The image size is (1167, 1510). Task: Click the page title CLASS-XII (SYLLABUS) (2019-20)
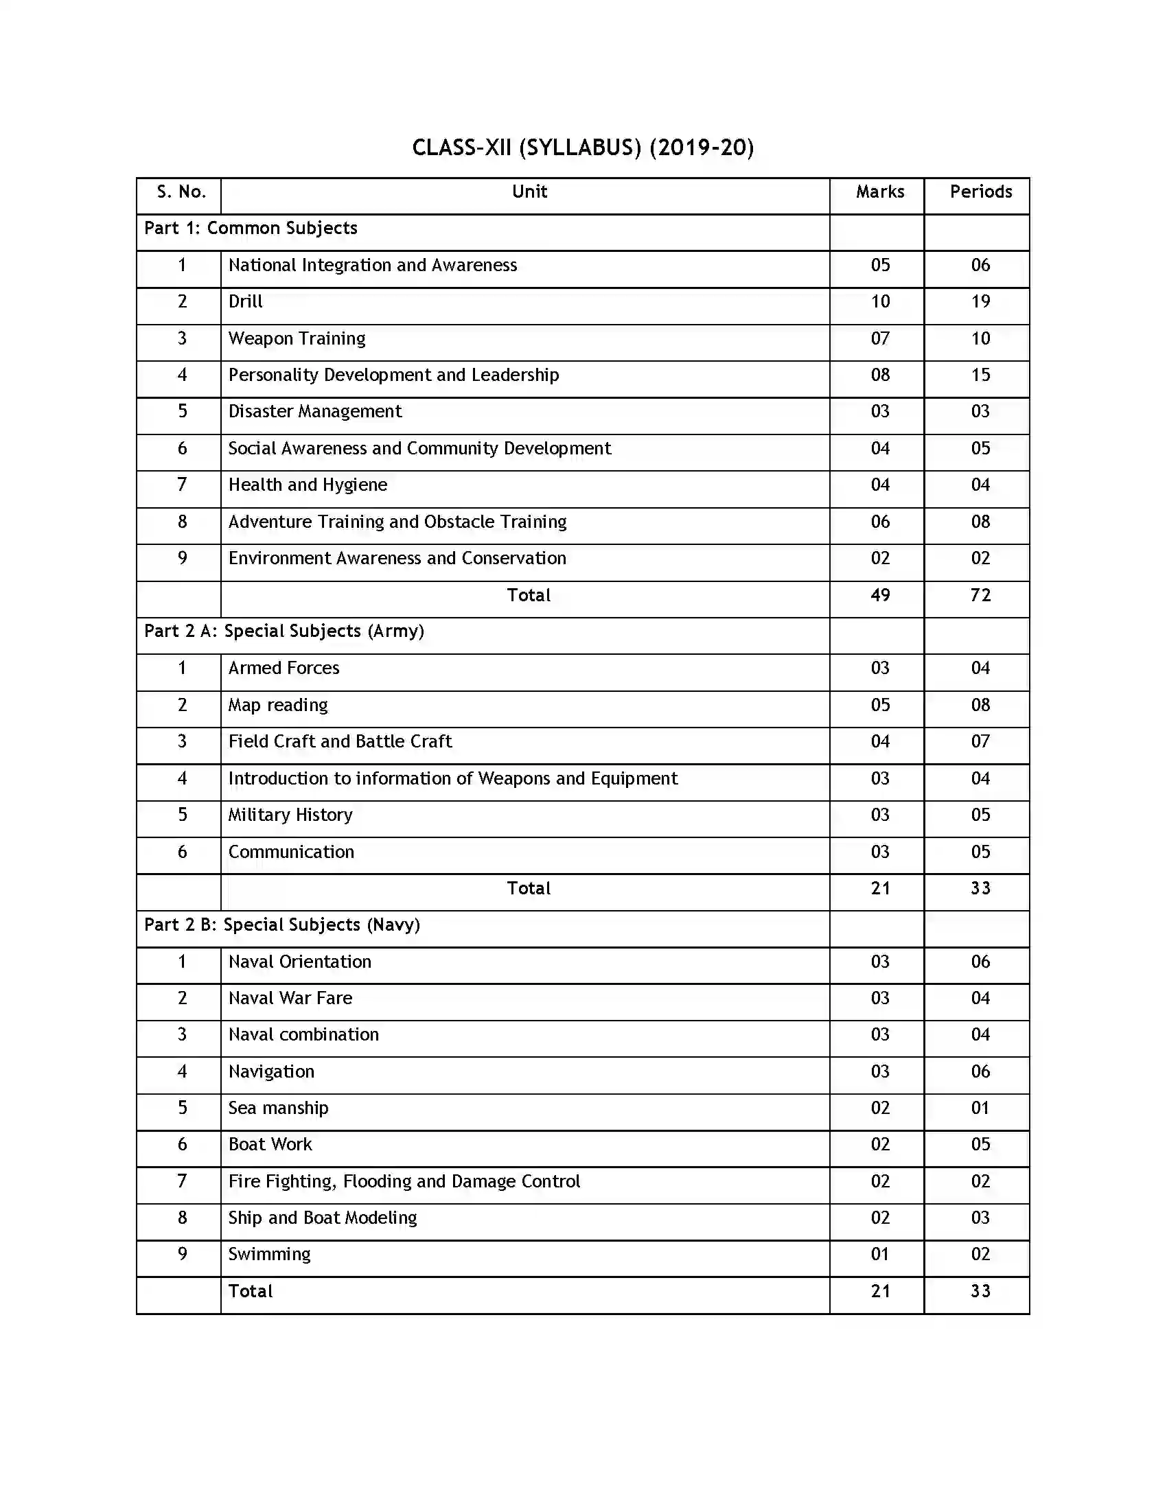pos(583,148)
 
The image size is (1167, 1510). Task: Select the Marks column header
pos(879,191)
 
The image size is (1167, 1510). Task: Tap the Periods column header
pos(980,191)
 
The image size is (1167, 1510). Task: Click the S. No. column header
pos(181,191)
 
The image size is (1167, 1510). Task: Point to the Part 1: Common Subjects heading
pos(251,228)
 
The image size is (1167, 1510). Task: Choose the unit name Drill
pos(246,301)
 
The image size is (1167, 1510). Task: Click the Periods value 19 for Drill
pos(980,301)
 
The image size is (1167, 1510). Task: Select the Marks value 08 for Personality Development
pos(879,375)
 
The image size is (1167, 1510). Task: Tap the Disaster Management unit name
pos(314,411)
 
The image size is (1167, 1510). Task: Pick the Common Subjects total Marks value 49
pos(879,595)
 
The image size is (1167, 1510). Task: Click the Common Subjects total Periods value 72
pos(980,595)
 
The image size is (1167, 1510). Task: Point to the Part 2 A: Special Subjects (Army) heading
pos(284,631)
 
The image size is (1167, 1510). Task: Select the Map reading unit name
pos(278,705)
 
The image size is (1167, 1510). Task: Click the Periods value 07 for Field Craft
pos(980,741)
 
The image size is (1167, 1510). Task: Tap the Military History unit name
pos(290,815)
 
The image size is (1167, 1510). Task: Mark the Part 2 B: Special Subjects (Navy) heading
pos(281,925)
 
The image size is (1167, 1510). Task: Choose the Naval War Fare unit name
pos(290,999)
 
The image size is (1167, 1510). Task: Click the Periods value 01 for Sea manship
pos(980,1108)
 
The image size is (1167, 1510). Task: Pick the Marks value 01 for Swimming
pos(879,1254)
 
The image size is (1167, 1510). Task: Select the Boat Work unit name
pos(270,1144)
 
